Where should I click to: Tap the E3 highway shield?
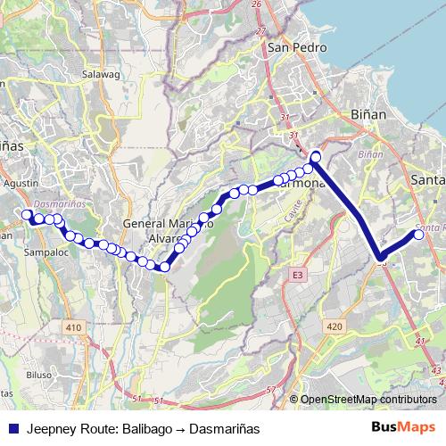(x=298, y=277)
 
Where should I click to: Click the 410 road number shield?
(x=73, y=329)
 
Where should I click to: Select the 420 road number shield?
(x=334, y=327)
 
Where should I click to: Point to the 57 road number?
(x=270, y=390)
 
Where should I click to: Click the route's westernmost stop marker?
(x=27, y=214)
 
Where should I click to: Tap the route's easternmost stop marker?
(x=419, y=235)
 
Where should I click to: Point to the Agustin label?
(x=21, y=182)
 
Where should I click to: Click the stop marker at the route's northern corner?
(x=315, y=158)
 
